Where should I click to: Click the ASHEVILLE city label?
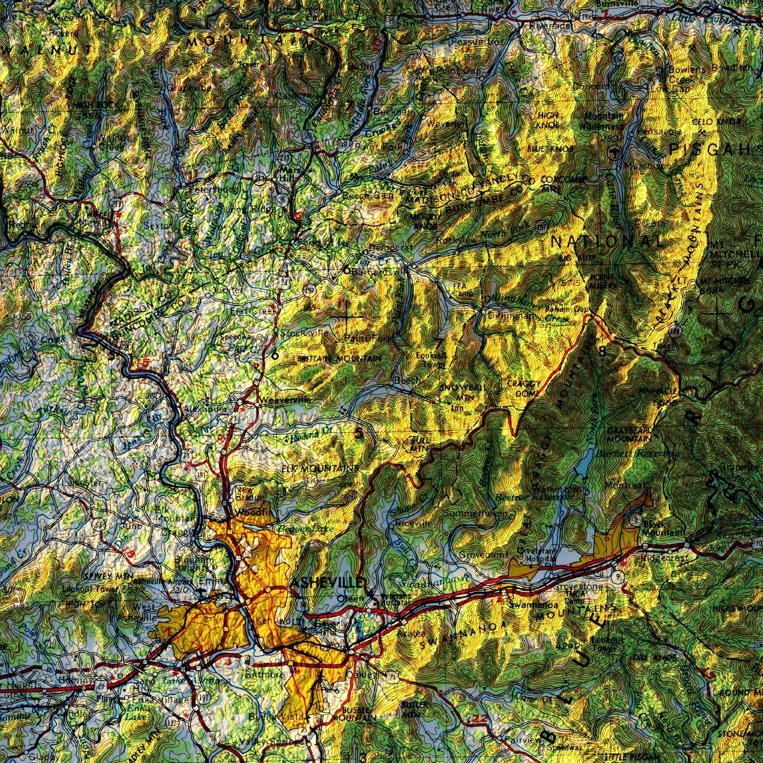326,583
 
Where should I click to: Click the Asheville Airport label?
158,581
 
